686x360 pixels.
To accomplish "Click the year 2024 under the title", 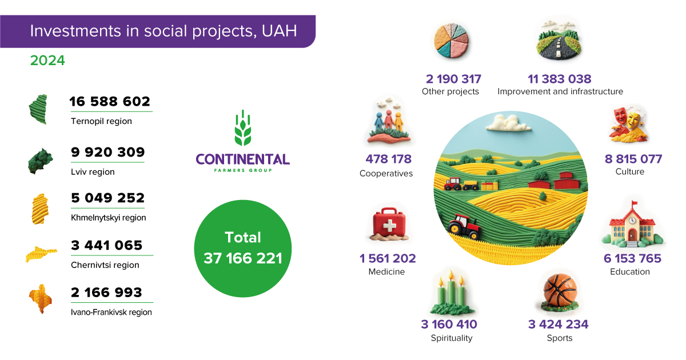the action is pos(47,61).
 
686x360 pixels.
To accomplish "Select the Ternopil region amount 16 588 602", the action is pos(110,101).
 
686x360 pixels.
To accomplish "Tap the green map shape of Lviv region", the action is pos(40,161).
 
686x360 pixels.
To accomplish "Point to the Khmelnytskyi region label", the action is pos(109,218).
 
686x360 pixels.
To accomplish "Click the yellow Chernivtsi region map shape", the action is pos(41,254).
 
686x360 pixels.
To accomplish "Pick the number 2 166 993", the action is pos(106,293).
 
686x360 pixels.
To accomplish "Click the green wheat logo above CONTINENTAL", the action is pos(243,127).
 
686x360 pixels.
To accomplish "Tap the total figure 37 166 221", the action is pos(243,258).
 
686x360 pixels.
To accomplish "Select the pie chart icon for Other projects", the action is pos(451,41).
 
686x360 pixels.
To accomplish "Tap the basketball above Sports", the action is pos(560,290).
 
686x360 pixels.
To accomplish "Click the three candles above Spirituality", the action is pos(452,293).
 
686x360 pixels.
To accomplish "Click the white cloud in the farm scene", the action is pos(508,123).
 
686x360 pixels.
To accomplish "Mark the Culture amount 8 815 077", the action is pos(633,159).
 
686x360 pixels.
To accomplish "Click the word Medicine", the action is pos(386,271).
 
